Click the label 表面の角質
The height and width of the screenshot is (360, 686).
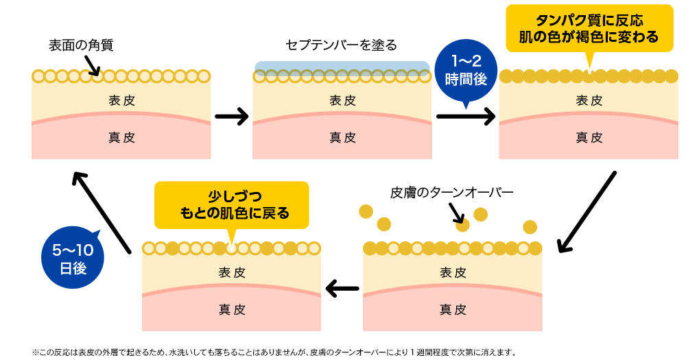click(81, 46)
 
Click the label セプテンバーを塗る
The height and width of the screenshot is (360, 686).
click(341, 46)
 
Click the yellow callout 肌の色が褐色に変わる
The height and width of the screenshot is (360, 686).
click(589, 29)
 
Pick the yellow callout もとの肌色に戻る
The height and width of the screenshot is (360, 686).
click(231, 204)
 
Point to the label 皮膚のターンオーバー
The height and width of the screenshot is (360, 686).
click(451, 193)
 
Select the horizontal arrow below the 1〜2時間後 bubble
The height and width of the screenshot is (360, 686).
click(466, 117)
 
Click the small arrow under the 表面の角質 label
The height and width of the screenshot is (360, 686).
click(92, 66)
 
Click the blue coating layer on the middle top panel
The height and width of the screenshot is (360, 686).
click(342, 67)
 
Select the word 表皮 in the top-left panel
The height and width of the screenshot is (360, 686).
click(121, 100)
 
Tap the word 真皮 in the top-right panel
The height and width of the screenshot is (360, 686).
click(589, 137)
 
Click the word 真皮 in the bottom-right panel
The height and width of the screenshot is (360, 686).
click(452, 309)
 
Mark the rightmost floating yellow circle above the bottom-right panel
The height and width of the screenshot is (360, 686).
click(530, 227)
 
